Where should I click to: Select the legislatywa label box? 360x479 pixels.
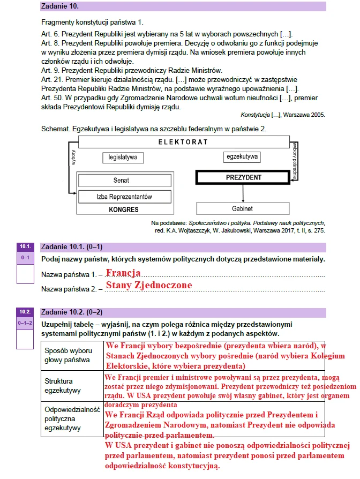(x=122, y=158)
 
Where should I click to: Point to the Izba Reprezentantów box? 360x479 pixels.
(x=125, y=197)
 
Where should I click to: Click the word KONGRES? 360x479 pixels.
(x=123, y=209)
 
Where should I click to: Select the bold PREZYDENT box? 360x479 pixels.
(x=243, y=177)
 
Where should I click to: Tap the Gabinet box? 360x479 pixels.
(x=243, y=208)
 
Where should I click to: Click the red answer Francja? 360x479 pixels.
(x=123, y=273)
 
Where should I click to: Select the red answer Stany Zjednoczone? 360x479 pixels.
(x=148, y=285)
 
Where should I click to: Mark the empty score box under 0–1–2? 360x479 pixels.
(x=25, y=339)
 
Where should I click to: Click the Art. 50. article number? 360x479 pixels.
(x=51, y=98)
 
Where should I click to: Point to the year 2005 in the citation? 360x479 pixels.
(x=316, y=115)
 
